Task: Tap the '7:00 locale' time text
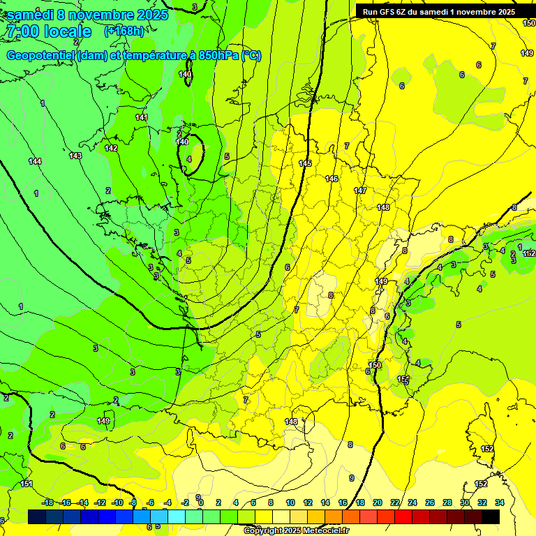click(x=48, y=31)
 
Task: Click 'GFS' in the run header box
click(x=390, y=11)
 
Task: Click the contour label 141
click(x=142, y=117)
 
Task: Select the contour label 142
click(x=111, y=148)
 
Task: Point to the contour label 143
click(x=75, y=156)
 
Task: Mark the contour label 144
click(x=35, y=161)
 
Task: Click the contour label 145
click(x=305, y=163)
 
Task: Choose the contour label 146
click(x=332, y=179)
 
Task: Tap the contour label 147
click(x=360, y=191)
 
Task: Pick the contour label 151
click(x=27, y=484)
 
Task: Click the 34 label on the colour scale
click(x=500, y=502)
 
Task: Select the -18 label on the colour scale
click(x=48, y=502)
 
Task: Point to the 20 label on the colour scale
click(x=378, y=502)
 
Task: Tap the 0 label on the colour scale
click(x=201, y=502)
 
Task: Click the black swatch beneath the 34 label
click(x=491, y=516)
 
